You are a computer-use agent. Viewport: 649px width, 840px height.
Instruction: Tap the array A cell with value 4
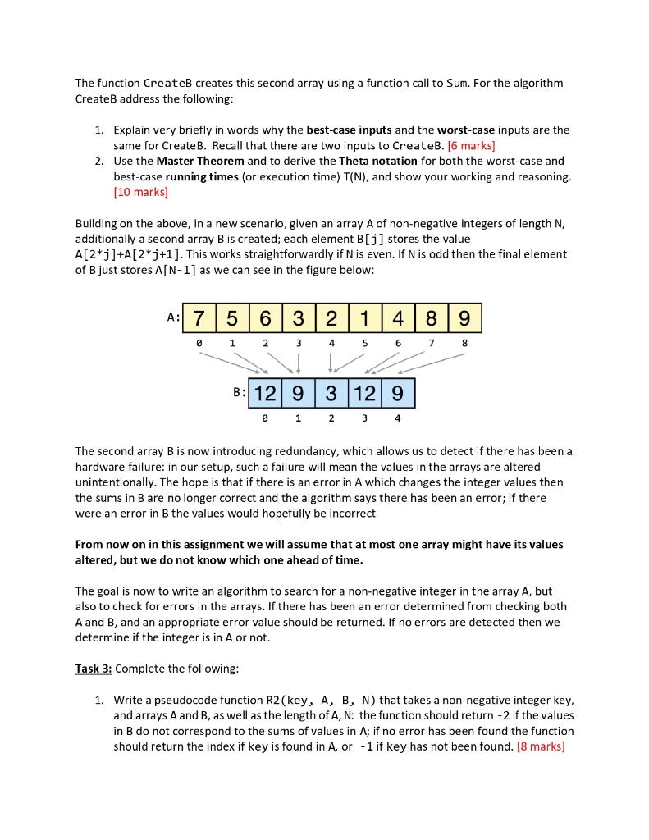click(399, 317)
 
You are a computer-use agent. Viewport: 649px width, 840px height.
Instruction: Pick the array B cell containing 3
click(331, 394)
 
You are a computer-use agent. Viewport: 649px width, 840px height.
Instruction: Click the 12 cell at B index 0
click(264, 394)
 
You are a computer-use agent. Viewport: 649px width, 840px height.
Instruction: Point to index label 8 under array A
click(465, 342)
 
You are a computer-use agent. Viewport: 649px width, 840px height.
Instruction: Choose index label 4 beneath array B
click(398, 418)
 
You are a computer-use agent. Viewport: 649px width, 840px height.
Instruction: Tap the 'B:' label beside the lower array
click(240, 392)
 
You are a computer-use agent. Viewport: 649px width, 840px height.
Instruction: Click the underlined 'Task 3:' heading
click(94, 668)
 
